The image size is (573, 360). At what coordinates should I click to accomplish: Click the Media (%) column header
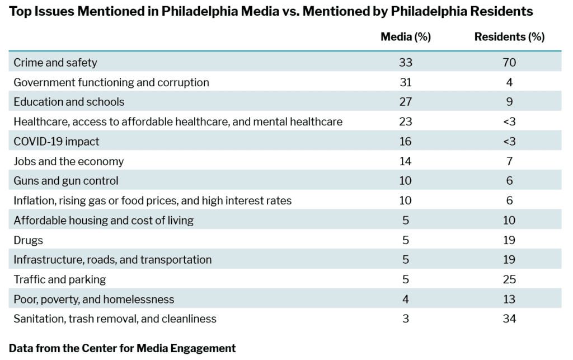coord(405,37)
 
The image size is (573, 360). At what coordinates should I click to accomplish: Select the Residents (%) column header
coord(509,37)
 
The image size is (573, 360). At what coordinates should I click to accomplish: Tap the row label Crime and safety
coord(55,63)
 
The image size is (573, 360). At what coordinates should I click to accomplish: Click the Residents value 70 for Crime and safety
coord(509,63)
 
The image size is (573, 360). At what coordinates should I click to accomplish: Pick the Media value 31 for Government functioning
coord(406,82)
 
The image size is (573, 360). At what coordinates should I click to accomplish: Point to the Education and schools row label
coord(69,102)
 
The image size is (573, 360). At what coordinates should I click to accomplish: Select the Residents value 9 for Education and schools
coord(509,102)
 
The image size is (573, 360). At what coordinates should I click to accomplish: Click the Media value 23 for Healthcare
coord(406,121)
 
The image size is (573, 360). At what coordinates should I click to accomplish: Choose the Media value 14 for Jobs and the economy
coord(406,161)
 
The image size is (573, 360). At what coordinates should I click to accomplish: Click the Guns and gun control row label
coord(66,181)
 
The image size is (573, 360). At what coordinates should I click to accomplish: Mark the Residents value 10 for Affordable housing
coord(509,220)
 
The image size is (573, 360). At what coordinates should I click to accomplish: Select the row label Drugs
coord(29,240)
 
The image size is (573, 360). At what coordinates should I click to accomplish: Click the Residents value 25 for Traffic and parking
coord(509,279)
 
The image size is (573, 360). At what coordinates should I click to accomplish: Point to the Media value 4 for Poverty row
coord(406,299)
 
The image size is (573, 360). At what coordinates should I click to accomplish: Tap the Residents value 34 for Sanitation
coord(509,319)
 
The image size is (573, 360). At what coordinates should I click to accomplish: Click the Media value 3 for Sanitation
coord(406,319)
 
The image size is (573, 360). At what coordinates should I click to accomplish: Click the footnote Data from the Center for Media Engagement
coord(123,348)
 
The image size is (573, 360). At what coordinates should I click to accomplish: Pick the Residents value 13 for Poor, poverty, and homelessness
coord(509,299)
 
